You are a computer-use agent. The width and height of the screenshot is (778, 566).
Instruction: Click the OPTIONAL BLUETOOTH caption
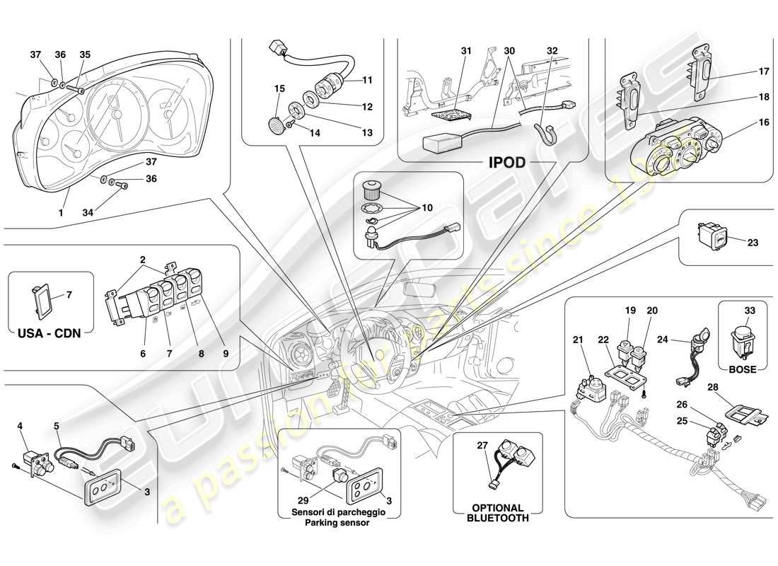tap(497, 513)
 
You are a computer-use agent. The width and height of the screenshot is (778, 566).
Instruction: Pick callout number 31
tap(465, 51)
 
